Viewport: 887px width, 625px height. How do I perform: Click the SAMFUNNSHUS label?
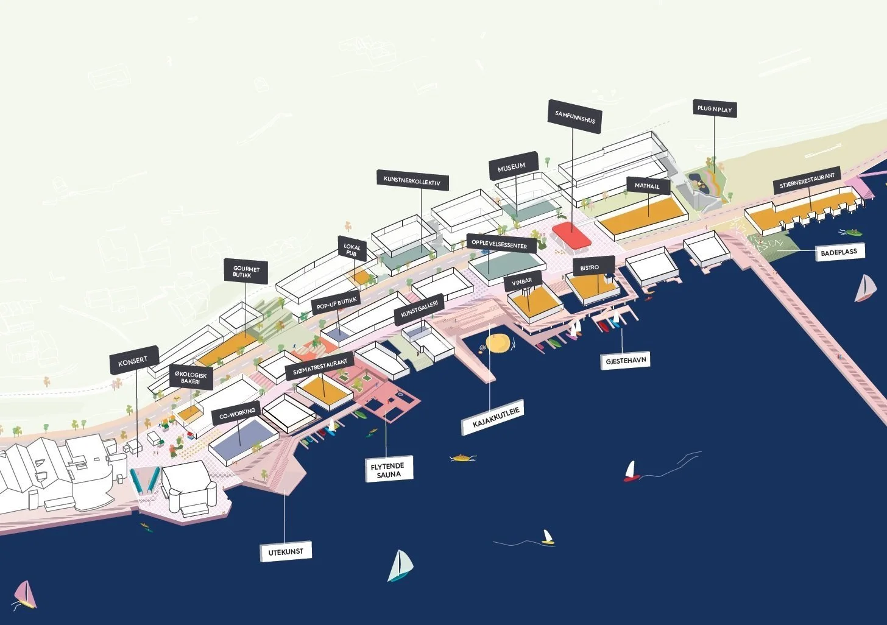pyautogui.click(x=574, y=116)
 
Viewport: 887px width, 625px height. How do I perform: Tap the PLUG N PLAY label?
pyautogui.click(x=715, y=110)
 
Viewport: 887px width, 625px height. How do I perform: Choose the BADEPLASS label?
pyautogui.click(x=838, y=251)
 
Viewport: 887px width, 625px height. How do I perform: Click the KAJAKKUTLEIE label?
pyautogui.click(x=494, y=417)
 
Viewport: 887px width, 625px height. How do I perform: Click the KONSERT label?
pyautogui.click(x=133, y=361)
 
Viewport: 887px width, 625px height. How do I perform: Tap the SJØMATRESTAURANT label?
pyautogui.click(x=320, y=365)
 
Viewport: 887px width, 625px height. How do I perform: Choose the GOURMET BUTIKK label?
pyautogui.click(x=246, y=272)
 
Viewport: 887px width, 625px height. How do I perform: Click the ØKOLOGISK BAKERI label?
pyautogui.click(x=190, y=378)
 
